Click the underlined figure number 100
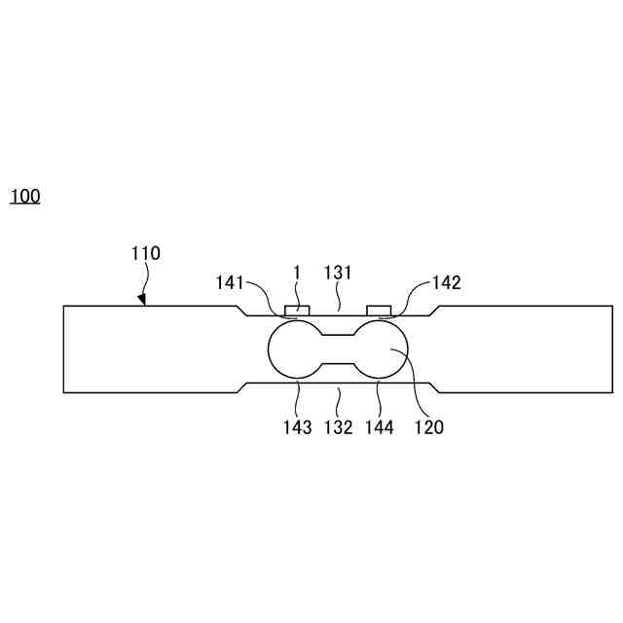click(25, 197)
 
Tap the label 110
click(146, 254)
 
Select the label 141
click(232, 283)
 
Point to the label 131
click(338, 275)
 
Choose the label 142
click(446, 283)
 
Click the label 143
click(298, 426)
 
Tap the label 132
click(338, 426)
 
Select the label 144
click(380, 426)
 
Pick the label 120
click(428, 426)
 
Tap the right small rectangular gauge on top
click(379, 311)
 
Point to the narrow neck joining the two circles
click(338, 349)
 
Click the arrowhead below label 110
click(142, 300)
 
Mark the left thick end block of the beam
click(146, 349)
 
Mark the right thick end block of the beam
click(526, 349)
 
